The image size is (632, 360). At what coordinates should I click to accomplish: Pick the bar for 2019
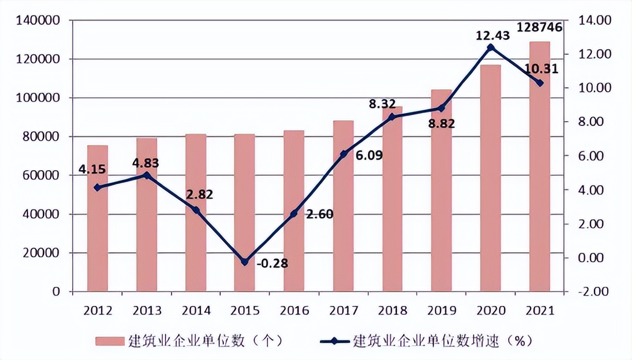(x=441, y=190)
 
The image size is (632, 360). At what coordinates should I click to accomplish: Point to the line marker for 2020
(x=491, y=47)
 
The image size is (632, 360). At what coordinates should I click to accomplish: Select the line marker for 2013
(x=146, y=175)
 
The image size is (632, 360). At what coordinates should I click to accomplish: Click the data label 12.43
(x=492, y=35)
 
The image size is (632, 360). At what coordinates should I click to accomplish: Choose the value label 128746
(x=540, y=27)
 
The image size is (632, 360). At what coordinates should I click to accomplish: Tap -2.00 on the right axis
(x=594, y=292)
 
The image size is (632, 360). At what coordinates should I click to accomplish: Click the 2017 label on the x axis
(x=343, y=310)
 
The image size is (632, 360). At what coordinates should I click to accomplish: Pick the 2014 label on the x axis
(x=196, y=310)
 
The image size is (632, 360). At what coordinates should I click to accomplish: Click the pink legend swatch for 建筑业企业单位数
(x=109, y=341)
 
